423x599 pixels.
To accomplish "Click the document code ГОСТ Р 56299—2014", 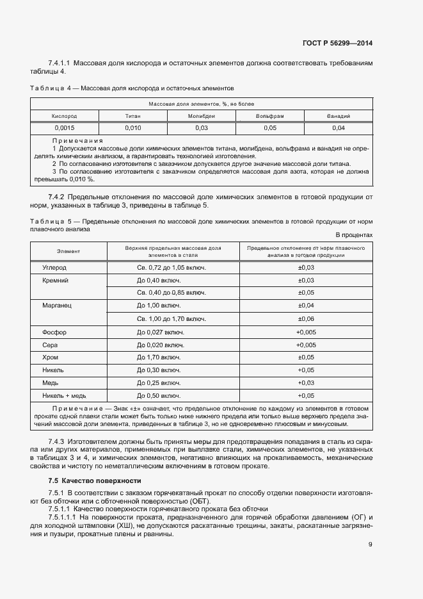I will pyautogui.click(x=337, y=44).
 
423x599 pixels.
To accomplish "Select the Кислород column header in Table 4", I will pyautogui.click(x=64, y=116).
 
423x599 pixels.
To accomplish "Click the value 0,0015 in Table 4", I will pyautogui.click(x=64, y=128).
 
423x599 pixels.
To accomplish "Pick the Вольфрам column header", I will pyautogui.click(x=269, y=116).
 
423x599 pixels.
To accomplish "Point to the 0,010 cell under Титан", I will pyautogui.click(x=132, y=128).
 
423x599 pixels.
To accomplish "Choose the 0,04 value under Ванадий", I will pyautogui.click(x=339, y=128).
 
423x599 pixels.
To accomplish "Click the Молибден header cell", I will pyautogui.click(x=201, y=116).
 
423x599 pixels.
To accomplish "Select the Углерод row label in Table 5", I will pyautogui.click(x=54, y=267).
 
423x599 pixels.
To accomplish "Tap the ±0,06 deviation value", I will pyautogui.click(x=306, y=318).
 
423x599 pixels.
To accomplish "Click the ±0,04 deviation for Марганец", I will pyautogui.click(x=306, y=306).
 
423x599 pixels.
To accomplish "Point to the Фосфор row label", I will pyautogui.click(x=54, y=332).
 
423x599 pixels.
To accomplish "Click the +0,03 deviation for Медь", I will pyautogui.click(x=306, y=382).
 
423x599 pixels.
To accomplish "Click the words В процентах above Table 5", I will pyautogui.click(x=354, y=235).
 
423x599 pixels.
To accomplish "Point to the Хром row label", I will pyautogui.click(x=51, y=357).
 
